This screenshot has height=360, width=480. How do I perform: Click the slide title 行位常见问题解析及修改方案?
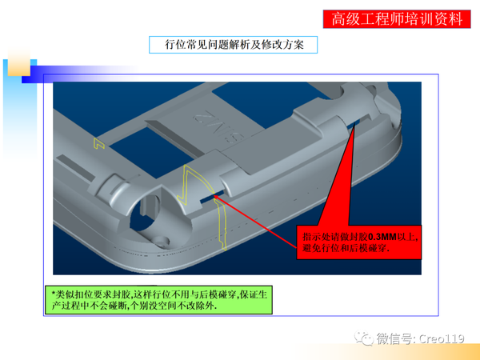[233, 45]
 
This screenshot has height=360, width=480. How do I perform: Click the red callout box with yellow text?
[359, 243]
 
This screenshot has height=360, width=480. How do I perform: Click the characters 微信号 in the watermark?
[392, 339]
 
